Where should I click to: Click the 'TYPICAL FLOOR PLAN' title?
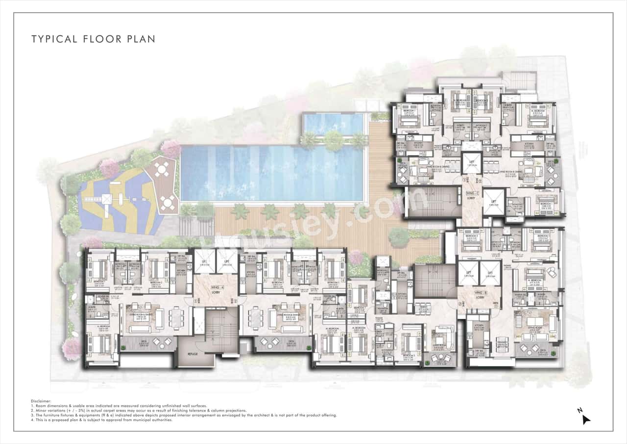tap(93, 39)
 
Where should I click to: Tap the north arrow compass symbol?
tap(585, 418)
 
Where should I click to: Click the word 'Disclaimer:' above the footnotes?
tap(42, 401)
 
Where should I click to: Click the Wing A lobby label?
tap(215, 288)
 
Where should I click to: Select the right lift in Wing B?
tap(490, 273)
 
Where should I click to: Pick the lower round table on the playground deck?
tap(168, 202)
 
